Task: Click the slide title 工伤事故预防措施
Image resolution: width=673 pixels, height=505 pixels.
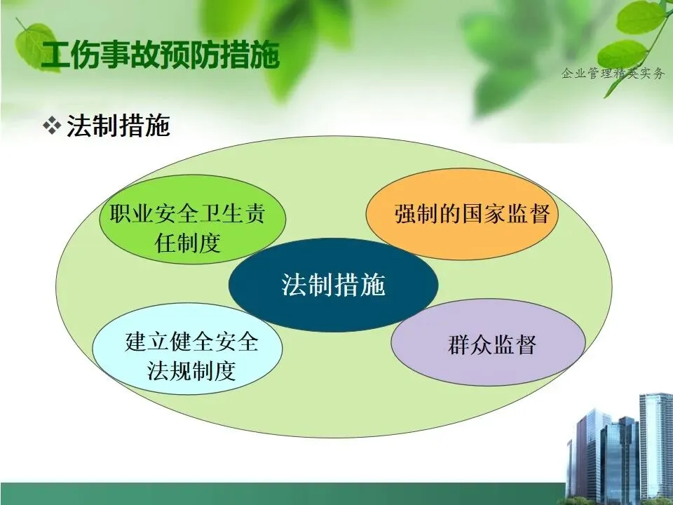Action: [x=160, y=55]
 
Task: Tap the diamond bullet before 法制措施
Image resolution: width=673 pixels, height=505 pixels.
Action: [x=52, y=126]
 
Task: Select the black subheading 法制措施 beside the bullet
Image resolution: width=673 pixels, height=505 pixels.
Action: [x=118, y=126]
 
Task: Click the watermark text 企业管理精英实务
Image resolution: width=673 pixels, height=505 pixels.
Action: [x=613, y=74]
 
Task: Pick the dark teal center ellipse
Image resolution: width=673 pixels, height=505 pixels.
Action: [x=333, y=285]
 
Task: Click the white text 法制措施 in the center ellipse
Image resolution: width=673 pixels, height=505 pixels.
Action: [x=333, y=285]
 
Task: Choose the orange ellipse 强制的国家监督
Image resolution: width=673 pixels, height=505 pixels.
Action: [x=462, y=214]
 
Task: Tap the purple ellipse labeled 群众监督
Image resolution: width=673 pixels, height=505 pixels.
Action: [x=489, y=342]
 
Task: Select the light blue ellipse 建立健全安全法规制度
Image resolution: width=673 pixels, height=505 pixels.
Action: [x=188, y=349]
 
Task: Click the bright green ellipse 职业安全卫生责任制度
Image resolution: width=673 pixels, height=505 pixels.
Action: [x=192, y=219]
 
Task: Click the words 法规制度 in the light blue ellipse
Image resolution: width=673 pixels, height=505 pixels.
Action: [x=191, y=370]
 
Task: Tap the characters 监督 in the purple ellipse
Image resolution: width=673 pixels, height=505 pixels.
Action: [x=515, y=344]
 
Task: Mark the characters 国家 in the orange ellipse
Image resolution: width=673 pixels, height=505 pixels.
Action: [x=483, y=213]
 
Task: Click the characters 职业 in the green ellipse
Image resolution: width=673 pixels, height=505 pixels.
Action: [x=132, y=213]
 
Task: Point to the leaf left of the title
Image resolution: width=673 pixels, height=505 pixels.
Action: [x=36, y=45]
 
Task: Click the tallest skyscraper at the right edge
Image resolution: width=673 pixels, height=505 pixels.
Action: [x=656, y=447]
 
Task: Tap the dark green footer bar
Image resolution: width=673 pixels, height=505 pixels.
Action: [x=283, y=494]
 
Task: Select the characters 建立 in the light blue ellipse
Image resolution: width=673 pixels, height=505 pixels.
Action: [x=147, y=342]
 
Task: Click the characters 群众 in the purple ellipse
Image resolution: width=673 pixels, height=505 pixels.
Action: [x=470, y=344]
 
